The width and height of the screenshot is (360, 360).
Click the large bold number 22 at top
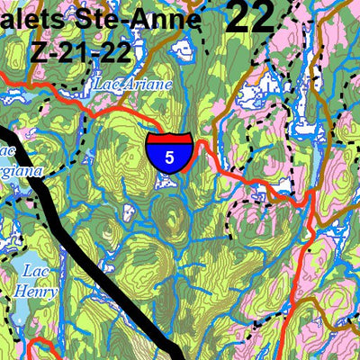[x=249, y=17]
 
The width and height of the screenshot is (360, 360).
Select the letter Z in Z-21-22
[x=39, y=50]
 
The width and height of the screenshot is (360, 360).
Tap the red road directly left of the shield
[x=126, y=117]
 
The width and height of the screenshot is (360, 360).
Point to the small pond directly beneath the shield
[x=166, y=183]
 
